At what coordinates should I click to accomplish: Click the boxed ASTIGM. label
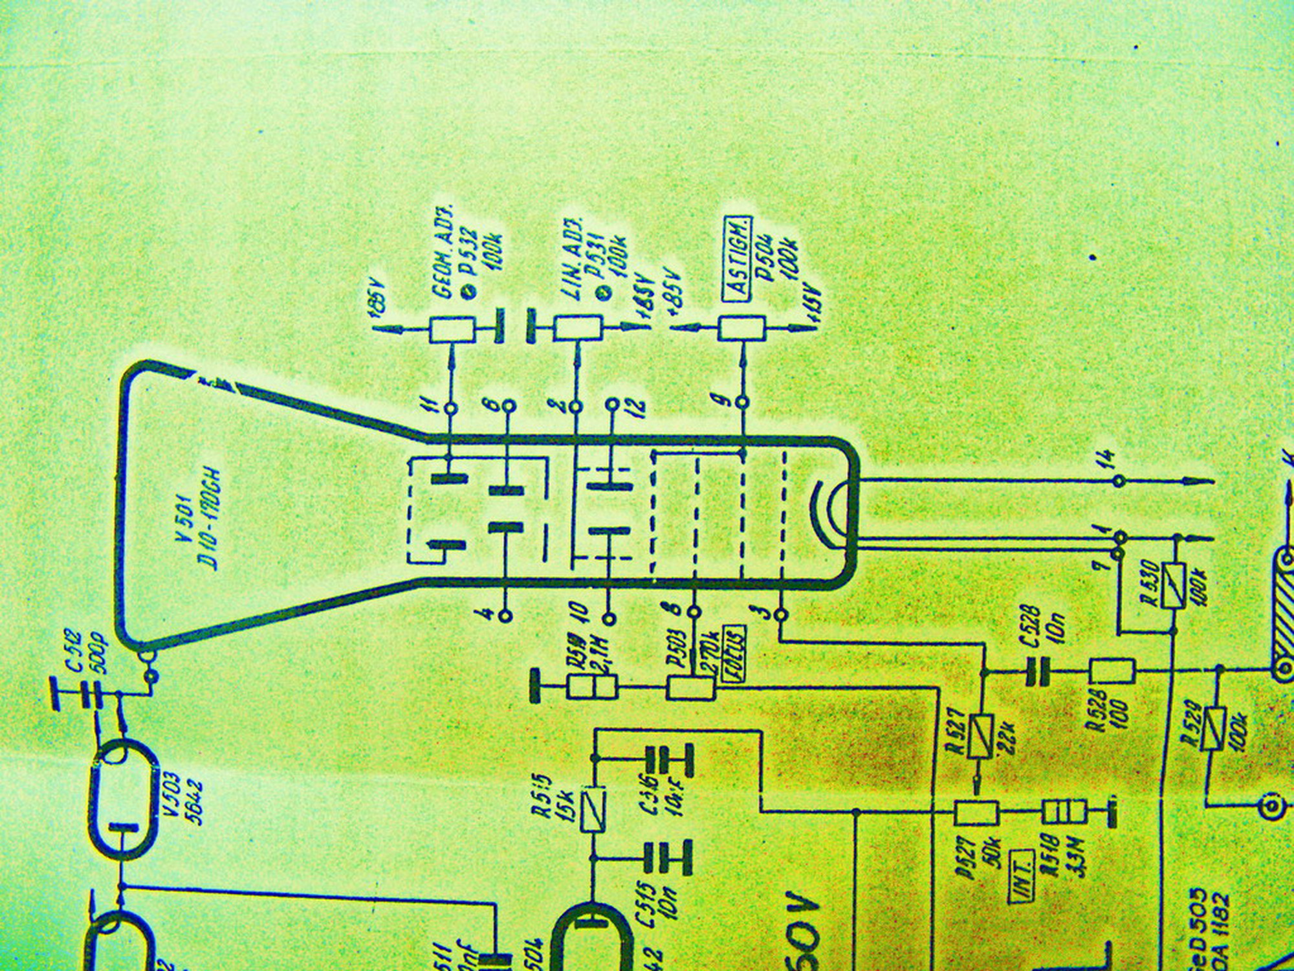point(738,259)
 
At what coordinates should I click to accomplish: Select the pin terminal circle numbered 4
point(507,614)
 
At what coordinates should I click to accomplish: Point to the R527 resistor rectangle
point(981,737)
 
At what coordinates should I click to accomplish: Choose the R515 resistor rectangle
point(593,809)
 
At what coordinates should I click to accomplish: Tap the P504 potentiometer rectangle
point(741,329)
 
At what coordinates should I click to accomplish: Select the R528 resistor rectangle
point(1112,671)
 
